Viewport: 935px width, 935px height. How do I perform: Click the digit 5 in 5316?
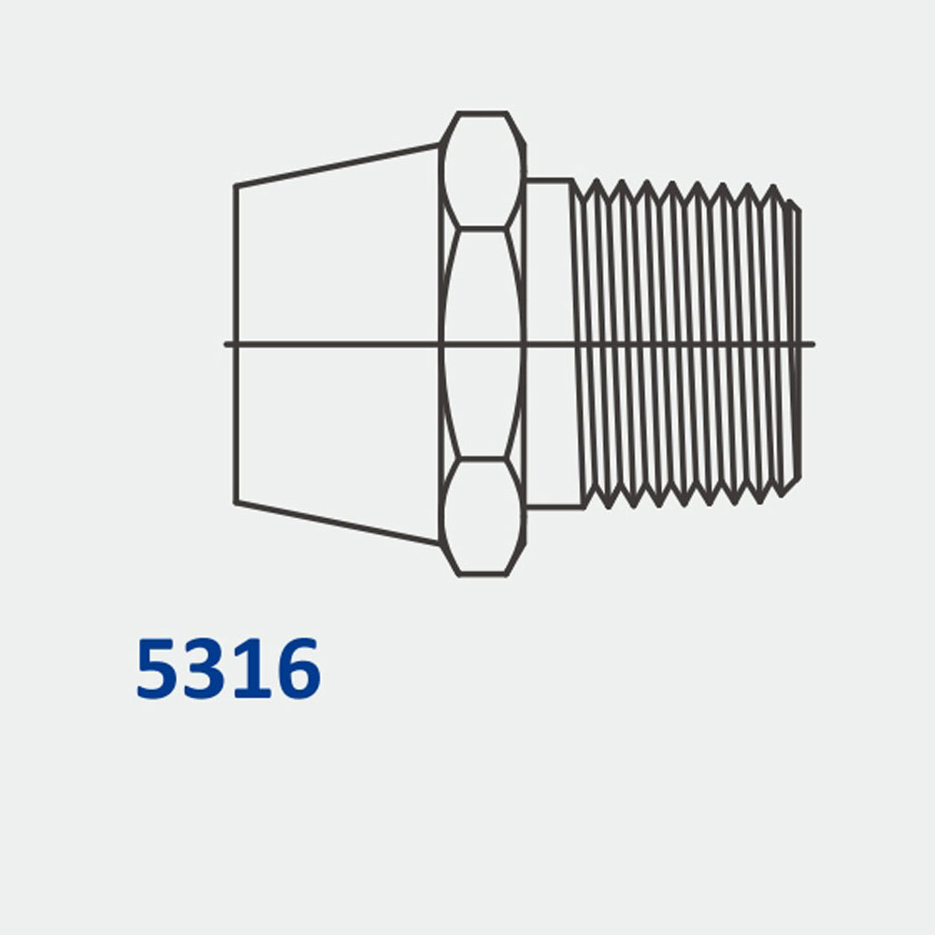click(159, 669)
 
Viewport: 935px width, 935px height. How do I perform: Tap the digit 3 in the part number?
click(206, 669)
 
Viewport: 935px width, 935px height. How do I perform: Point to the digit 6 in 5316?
click(295, 669)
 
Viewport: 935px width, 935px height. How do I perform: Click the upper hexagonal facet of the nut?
click(482, 170)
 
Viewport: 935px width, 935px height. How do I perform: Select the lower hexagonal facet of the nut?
click(482, 516)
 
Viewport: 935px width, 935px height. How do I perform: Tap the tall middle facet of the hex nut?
click(482, 344)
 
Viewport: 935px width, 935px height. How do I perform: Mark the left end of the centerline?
click(226, 344)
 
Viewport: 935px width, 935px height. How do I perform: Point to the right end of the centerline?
click(813, 344)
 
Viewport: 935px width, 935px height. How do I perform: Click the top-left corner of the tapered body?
click(235, 186)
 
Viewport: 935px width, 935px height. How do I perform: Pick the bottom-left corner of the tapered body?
click(235, 503)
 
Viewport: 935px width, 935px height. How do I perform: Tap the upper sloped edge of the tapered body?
click(337, 165)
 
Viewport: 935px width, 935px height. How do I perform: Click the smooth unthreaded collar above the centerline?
click(550, 262)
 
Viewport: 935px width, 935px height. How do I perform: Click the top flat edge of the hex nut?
click(482, 113)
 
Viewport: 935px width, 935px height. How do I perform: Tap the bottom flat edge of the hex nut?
click(482, 574)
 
